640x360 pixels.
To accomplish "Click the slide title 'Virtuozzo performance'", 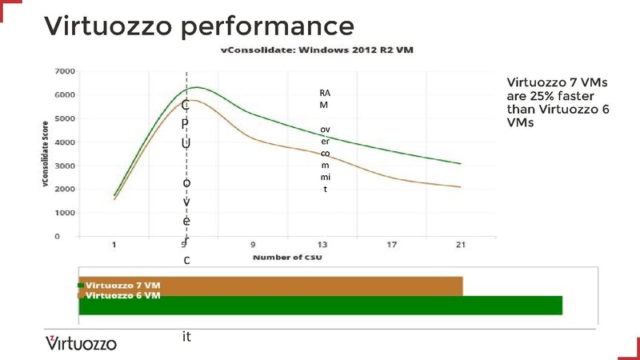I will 199,26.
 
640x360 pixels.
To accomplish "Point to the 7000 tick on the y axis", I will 65,72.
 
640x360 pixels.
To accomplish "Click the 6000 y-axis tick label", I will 65,95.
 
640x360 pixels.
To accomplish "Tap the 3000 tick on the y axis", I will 65,166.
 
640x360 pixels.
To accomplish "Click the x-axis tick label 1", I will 114,245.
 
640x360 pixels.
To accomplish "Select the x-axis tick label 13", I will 322,245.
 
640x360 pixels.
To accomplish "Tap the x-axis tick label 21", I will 459,245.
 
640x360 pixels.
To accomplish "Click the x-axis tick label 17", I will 390,245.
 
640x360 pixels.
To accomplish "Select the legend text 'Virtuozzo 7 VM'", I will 122,285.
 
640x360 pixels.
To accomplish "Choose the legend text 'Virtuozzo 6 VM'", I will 122,295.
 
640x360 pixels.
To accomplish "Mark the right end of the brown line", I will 461,187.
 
